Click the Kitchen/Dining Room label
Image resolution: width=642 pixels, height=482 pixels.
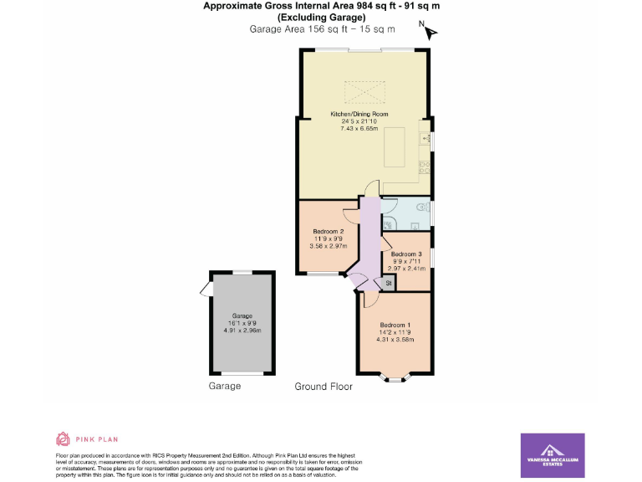(359, 114)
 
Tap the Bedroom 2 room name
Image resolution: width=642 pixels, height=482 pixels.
(329, 231)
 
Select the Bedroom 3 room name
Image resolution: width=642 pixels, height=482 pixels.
(406, 254)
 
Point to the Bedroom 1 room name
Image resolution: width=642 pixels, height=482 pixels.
(395, 325)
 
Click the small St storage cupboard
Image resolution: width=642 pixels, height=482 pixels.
(389, 285)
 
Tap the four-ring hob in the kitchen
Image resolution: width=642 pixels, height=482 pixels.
(425, 167)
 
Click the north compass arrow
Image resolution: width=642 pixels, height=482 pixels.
(431, 33)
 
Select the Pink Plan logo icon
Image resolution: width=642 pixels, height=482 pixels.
(63, 438)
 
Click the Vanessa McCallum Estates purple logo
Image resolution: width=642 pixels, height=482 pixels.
(553, 455)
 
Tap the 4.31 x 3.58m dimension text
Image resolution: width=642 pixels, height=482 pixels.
(395, 340)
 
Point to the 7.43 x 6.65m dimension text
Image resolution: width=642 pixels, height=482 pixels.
(359, 129)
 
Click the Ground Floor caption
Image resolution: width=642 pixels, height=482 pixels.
(324, 387)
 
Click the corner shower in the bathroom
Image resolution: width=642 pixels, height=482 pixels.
(390, 223)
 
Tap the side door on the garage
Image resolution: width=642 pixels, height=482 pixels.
(206, 290)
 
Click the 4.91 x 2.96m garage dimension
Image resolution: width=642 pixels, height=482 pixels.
(242, 331)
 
